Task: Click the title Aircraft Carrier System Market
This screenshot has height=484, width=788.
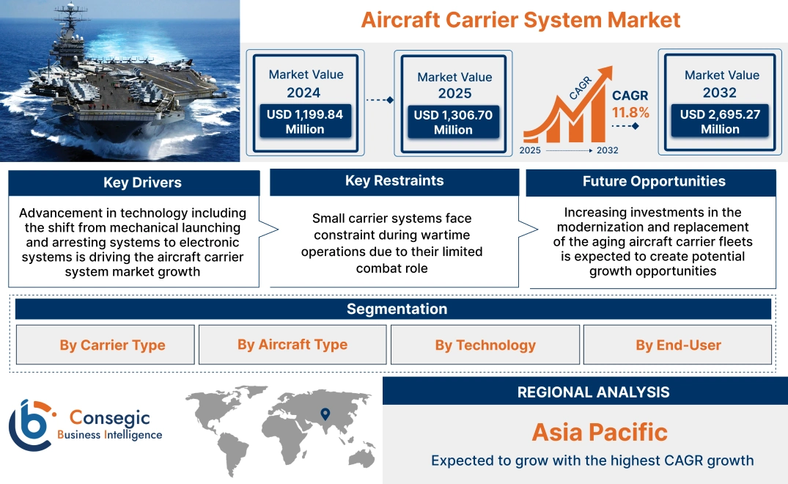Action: [520, 19]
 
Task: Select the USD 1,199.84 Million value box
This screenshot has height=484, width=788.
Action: [304, 122]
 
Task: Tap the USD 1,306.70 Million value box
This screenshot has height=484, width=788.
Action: [453, 122]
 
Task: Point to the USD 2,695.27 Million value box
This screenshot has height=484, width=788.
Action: [720, 121]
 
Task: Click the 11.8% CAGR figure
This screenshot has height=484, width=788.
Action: [630, 112]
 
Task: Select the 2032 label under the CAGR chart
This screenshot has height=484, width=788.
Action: [607, 150]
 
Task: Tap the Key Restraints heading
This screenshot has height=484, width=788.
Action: [394, 181]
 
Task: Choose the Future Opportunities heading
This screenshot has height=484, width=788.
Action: [653, 182]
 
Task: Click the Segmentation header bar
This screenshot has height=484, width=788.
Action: [397, 309]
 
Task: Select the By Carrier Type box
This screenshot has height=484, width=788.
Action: [112, 345]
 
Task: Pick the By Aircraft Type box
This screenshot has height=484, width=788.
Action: [292, 345]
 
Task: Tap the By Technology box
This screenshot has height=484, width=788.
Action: [485, 345]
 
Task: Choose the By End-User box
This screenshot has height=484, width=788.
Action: [678, 345]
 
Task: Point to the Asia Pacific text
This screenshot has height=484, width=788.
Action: [600, 432]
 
